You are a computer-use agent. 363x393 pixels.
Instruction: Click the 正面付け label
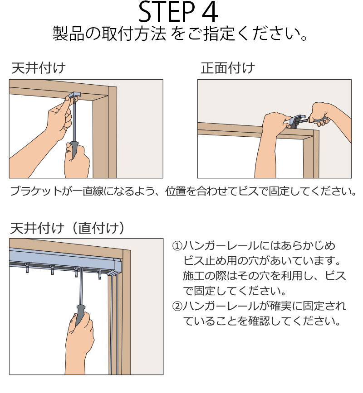point(228,68)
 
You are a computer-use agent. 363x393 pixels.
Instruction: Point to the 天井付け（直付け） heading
point(68,226)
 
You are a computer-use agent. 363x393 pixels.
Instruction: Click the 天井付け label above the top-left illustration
point(38,68)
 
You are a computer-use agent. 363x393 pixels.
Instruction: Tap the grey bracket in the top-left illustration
point(74,96)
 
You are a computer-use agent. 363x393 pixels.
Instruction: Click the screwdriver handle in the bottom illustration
point(80,314)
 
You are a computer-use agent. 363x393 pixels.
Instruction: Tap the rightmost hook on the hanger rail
point(99,273)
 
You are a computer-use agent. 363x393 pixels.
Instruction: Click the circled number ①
point(177,247)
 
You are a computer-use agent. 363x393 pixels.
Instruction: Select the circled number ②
point(177,307)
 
